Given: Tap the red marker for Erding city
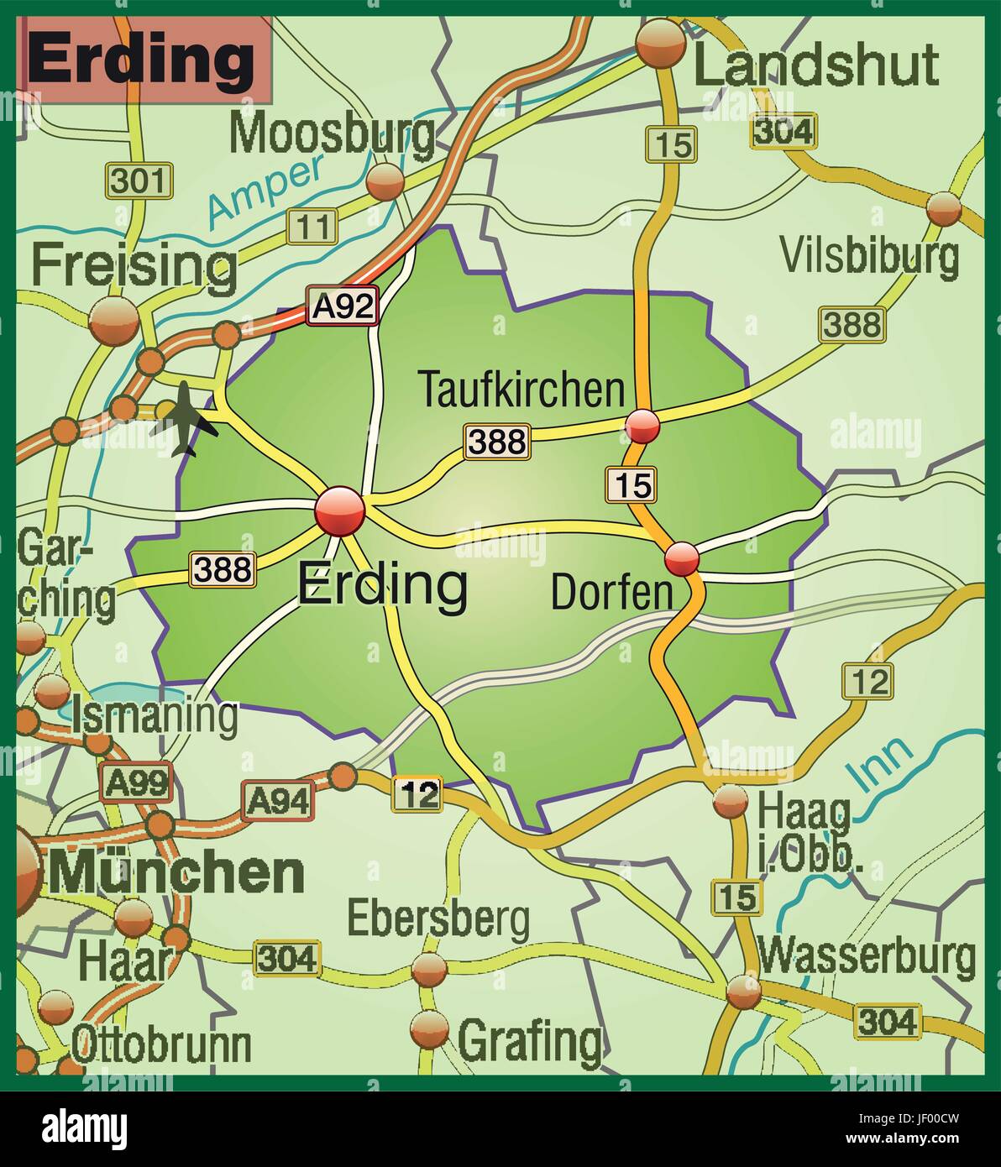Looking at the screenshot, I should coord(339,510).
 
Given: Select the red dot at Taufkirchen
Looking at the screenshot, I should coord(643,427).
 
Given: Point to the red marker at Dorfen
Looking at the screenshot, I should coord(681,557).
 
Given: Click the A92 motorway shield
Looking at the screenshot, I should coord(342,306).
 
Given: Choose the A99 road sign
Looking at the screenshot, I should coord(136,783).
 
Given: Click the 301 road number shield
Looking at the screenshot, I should coord(139,181).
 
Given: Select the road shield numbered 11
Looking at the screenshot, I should coord(312,226).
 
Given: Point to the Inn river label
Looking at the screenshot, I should coord(879,764).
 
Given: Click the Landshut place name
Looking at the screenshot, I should coord(815,65).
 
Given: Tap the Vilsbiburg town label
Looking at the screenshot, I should coord(869,255).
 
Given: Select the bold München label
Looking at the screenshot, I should coord(177,873).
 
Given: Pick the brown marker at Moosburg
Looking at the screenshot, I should coord(385,181).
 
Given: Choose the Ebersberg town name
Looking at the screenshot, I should coord(438,919).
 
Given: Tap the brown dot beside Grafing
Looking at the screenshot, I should coord(430,1029).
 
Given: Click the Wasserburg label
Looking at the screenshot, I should coord(867,956).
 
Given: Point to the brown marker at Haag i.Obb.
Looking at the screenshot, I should coord(730,801).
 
